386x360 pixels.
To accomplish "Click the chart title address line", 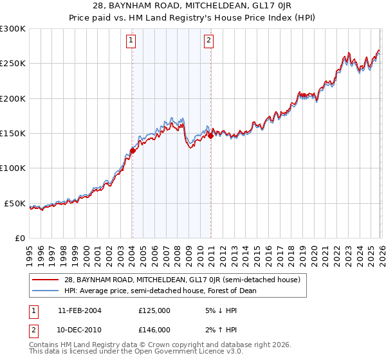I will click(x=193, y=5).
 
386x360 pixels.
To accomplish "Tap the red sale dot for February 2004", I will click(x=133, y=150).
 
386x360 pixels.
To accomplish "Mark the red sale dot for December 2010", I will click(x=210, y=136).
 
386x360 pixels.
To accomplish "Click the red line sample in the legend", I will click(x=46, y=280).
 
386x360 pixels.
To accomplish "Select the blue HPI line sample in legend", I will click(x=46, y=291).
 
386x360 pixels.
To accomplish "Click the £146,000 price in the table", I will click(x=154, y=329).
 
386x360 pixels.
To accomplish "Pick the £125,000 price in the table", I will click(x=154, y=310).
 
